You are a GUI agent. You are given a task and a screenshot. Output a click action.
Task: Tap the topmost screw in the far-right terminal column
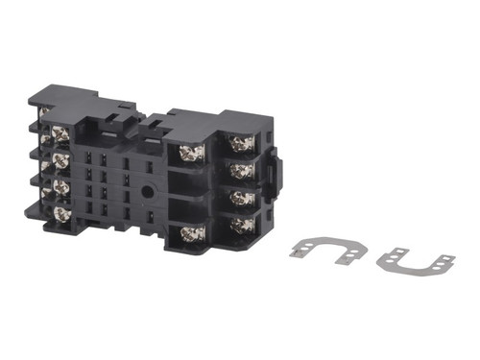pos(241,143)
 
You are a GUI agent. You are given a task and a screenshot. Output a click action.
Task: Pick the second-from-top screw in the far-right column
pos(241,170)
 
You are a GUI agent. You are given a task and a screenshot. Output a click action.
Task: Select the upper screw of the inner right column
pos(188,151)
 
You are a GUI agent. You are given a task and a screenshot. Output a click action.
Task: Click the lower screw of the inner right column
pos(189,232)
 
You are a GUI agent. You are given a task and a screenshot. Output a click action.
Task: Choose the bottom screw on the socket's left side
pos(61,213)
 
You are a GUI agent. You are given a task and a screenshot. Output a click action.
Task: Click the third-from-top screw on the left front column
pos(61,186)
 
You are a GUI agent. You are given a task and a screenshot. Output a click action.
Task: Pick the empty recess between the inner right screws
pos(189,191)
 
